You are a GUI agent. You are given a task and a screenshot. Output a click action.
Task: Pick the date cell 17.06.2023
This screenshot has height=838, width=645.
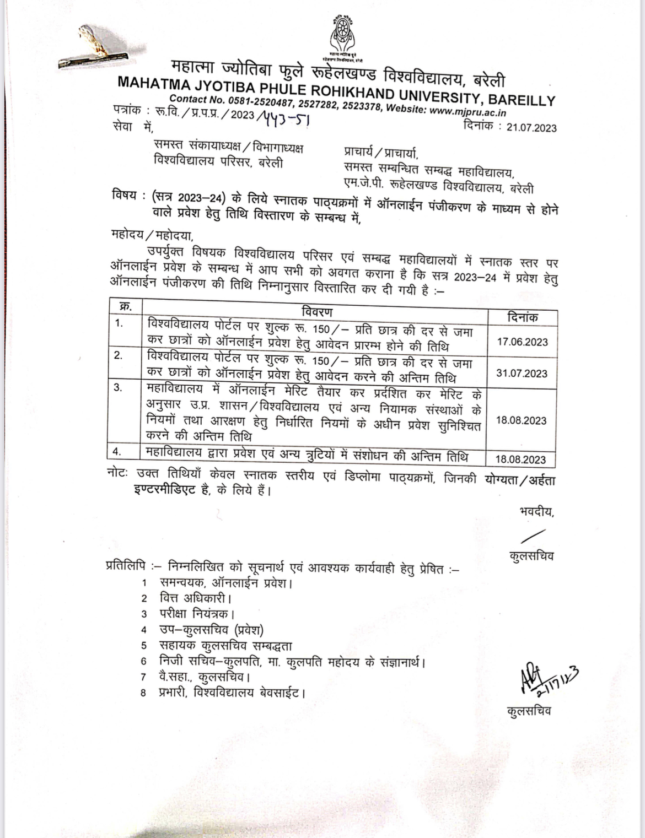click(x=522, y=342)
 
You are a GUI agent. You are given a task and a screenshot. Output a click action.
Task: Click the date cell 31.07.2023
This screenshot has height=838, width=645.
click(x=522, y=373)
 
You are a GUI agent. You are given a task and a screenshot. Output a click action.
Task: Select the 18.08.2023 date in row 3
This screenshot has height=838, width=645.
click(x=521, y=420)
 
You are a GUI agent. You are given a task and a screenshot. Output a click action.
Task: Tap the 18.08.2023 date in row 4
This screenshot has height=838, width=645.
click(x=520, y=459)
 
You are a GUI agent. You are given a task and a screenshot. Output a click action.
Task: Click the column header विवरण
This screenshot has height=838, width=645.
click(x=317, y=312)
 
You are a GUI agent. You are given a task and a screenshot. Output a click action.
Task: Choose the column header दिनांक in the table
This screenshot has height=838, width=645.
click(x=522, y=317)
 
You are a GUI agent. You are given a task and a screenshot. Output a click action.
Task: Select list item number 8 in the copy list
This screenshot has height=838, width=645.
click(x=144, y=693)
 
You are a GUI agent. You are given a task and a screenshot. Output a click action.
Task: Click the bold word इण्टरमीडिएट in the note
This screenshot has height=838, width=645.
click(x=164, y=490)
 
